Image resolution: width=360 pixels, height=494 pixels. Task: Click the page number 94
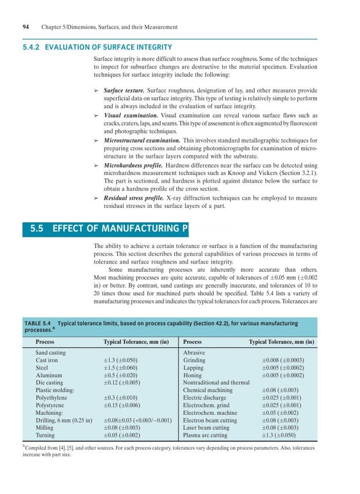pyautogui.click(x=26, y=27)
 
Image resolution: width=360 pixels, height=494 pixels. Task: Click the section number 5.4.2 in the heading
pyautogui.click(x=31, y=47)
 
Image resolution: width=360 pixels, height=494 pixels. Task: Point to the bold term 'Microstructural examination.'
pyautogui.click(x=141, y=140)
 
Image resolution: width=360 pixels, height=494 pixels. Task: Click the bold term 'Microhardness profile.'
pyautogui.click(x=133, y=165)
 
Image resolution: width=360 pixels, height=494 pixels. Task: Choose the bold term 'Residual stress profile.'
pyautogui.click(x=134, y=198)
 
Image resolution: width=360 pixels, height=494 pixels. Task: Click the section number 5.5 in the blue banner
pyautogui.click(x=38, y=228)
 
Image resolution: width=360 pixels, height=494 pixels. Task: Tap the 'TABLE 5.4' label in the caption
pyautogui.click(x=38, y=323)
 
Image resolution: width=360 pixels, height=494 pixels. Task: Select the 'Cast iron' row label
pyautogui.click(x=46, y=360)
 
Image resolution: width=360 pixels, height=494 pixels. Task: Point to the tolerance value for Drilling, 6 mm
pyautogui.click(x=137, y=420)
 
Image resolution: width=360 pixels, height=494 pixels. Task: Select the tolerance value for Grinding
pyautogui.click(x=283, y=360)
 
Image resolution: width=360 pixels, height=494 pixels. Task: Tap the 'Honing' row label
pyautogui.click(x=192, y=375)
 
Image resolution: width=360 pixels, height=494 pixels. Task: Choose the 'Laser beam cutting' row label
pyautogui.click(x=206, y=428)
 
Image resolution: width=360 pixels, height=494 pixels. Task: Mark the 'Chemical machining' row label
pyautogui.click(x=208, y=390)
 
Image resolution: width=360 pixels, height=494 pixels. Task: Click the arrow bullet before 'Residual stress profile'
pyautogui.click(x=96, y=198)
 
